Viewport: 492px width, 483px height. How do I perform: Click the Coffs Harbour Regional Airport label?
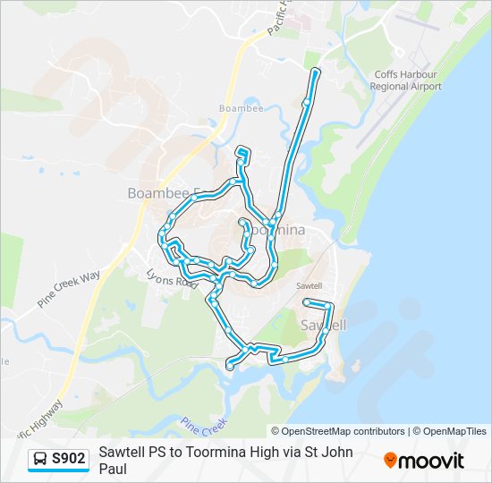[405, 80]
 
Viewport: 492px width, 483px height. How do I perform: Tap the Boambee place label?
[237, 109]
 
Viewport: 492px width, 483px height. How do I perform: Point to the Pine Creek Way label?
[69, 290]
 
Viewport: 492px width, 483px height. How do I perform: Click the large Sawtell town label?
[324, 324]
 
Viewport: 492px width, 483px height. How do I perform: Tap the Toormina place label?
[276, 230]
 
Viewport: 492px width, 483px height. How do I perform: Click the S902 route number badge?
[69, 459]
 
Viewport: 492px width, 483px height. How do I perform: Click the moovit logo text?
[432, 461]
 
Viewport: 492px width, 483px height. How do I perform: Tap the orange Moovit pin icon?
[390, 460]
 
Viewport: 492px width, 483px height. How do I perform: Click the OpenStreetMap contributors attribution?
[338, 431]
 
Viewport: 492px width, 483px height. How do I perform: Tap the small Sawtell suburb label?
[308, 285]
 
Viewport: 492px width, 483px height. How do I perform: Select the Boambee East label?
[165, 193]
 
